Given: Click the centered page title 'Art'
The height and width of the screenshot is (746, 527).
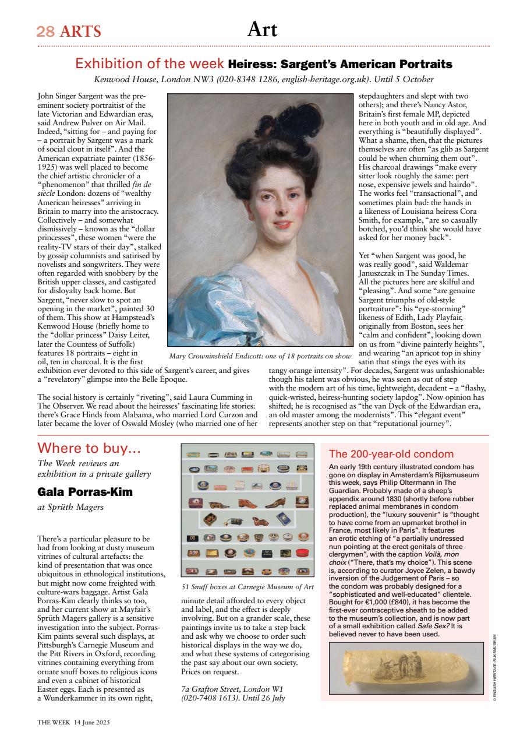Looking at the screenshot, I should (263, 29).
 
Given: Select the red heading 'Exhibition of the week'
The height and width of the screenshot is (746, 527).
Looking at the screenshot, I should (150, 64).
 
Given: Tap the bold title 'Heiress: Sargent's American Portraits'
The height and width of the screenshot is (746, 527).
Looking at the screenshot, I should (340, 64).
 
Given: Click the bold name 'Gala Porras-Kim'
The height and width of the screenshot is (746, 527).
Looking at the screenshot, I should (85, 492).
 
